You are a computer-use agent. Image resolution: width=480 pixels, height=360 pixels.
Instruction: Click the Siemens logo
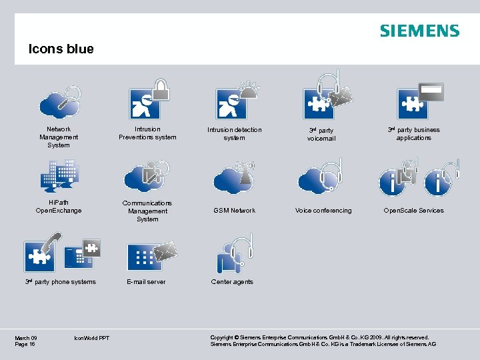tap(419, 31)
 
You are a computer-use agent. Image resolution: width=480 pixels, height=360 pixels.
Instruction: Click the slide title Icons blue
tap(61, 49)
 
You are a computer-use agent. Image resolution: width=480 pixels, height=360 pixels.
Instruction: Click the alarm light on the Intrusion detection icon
tap(248, 89)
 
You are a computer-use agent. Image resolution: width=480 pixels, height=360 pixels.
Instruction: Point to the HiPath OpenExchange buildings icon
tap(59, 175)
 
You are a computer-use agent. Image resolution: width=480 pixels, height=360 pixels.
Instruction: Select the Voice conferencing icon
tap(321, 177)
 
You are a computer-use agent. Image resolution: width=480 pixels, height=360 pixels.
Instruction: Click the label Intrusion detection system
tap(234, 133)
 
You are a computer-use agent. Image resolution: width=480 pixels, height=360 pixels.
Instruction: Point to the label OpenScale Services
tap(413, 211)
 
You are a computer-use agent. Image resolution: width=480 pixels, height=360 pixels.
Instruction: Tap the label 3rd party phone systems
tap(61, 282)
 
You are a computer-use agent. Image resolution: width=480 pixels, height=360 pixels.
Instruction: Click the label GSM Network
tap(234, 211)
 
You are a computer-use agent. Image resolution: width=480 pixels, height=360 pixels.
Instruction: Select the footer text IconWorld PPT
tap(93, 338)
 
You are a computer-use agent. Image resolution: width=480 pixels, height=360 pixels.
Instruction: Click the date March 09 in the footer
tap(26, 338)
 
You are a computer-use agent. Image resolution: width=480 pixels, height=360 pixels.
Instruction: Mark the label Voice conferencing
tap(323, 211)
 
